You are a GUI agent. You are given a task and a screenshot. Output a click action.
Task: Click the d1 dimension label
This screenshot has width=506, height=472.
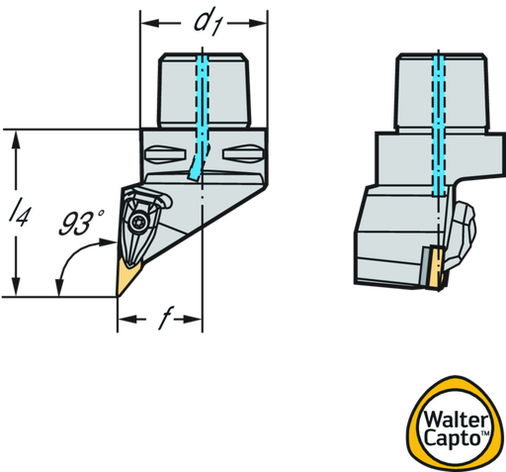click(x=209, y=22)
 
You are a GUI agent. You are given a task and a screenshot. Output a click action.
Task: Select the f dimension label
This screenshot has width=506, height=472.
click(x=165, y=318)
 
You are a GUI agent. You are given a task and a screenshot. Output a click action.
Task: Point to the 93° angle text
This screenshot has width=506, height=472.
click(x=82, y=223)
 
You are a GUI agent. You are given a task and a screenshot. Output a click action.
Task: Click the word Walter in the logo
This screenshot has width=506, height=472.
click(x=457, y=420)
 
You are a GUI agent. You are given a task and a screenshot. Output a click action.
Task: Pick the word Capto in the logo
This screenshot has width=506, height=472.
click(x=453, y=438)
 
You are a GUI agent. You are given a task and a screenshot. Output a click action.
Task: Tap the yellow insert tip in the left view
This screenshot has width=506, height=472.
click(x=127, y=277)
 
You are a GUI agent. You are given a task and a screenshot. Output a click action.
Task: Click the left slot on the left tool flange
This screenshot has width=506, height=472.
click(x=165, y=154)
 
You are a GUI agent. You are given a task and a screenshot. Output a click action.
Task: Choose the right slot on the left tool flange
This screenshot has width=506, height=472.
click(x=243, y=154)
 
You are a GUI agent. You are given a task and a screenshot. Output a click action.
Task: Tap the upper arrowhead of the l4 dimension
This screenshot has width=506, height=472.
click(x=16, y=140)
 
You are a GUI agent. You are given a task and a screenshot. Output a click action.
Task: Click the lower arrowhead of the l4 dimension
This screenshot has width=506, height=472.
click(x=16, y=286)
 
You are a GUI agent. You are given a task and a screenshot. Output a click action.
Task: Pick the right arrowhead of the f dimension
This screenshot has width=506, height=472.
click(x=193, y=319)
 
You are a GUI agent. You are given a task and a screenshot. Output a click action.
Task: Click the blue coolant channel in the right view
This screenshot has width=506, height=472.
click(x=439, y=126)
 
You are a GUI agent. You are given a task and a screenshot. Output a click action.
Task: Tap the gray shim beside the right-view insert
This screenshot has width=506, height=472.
click(x=425, y=267)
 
